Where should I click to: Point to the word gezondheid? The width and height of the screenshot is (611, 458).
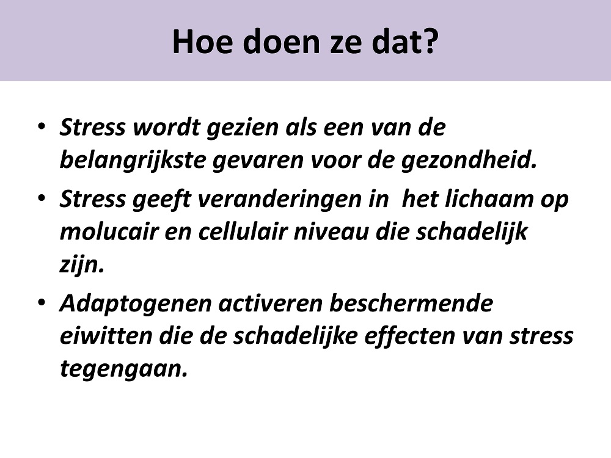click(x=469, y=161)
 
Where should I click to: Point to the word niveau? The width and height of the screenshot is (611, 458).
click(x=331, y=232)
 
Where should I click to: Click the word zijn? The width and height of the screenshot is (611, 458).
click(x=82, y=266)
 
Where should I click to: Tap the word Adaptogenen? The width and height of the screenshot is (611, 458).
click(x=136, y=304)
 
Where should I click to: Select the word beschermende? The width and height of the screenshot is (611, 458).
click(x=411, y=303)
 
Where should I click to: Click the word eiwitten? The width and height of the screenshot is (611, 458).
click(x=106, y=336)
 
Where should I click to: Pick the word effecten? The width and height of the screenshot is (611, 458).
click(x=409, y=336)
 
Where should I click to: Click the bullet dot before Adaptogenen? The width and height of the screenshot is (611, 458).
click(x=42, y=302)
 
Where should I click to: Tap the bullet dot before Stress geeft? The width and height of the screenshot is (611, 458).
click(x=42, y=198)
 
